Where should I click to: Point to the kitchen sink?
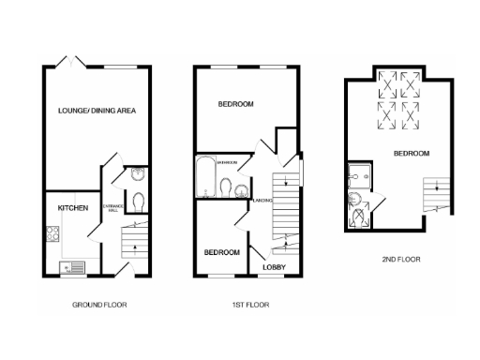tap(70, 267)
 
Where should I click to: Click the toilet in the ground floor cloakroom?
tap(138, 202)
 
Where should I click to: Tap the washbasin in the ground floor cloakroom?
tap(137, 173)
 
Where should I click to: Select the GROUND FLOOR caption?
tap(99, 305)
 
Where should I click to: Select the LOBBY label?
tap(274, 269)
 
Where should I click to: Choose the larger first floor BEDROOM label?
tap(234, 103)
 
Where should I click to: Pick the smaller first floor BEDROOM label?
tap(222, 252)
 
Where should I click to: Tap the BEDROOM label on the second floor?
tap(411, 153)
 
